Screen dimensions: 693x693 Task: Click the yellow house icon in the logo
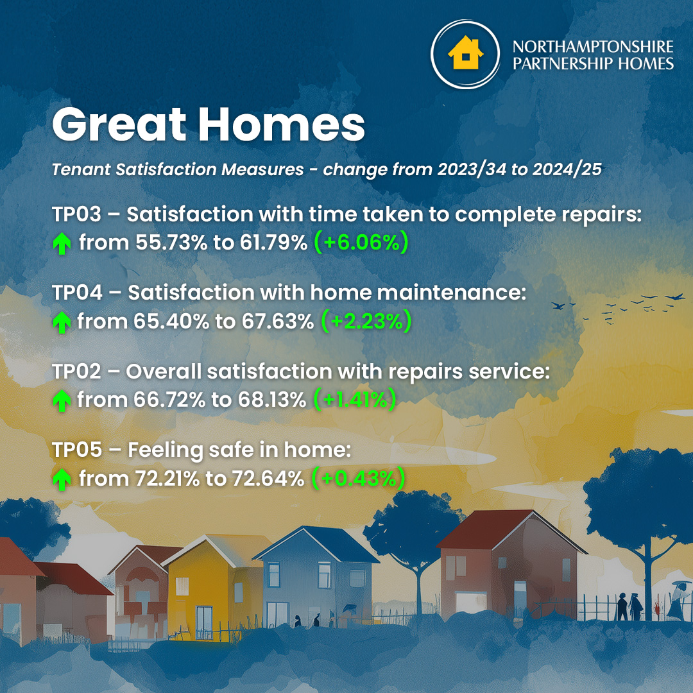click(465, 53)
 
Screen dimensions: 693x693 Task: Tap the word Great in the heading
click(119, 124)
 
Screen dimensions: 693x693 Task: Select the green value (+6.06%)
click(361, 242)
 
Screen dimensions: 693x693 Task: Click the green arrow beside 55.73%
click(62, 244)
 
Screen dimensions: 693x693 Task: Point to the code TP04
click(78, 293)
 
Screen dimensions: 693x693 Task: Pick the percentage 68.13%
click(272, 400)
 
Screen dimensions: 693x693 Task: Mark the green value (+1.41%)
click(354, 400)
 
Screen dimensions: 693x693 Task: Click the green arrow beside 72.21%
click(62, 479)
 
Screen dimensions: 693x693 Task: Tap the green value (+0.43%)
click(359, 479)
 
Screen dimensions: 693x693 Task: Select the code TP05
click(78, 450)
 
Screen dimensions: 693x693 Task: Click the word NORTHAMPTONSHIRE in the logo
click(593, 46)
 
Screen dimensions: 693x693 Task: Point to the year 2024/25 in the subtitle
click(567, 169)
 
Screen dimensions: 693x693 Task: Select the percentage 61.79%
click(273, 243)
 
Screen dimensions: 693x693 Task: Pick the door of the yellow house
click(204, 622)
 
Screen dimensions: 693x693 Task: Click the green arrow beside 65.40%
click(62, 322)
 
